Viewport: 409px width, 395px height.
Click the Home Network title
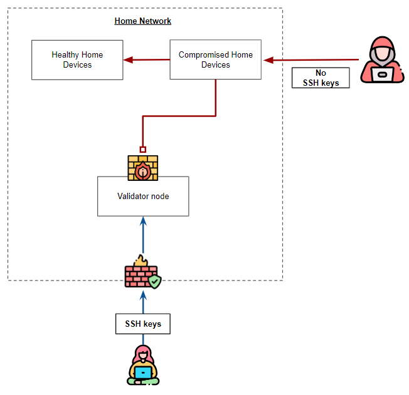pos(142,21)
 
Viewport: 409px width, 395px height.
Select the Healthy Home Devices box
pos(77,60)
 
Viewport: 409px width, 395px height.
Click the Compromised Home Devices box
pos(215,60)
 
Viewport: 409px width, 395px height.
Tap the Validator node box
pos(143,196)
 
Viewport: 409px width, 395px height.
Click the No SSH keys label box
pos(321,78)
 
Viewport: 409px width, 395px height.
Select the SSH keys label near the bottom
pos(143,324)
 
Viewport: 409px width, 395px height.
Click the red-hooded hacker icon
pos(382,60)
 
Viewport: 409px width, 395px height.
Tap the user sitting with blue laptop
pos(144,364)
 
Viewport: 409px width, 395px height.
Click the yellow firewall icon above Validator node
pos(143,168)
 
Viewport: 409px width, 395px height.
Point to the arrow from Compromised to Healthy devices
pos(146,60)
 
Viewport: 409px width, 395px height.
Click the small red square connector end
pos(143,149)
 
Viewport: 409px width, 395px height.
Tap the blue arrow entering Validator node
pos(143,235)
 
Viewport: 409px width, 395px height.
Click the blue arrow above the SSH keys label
pos(143,302)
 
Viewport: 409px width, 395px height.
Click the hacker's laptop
pos(382,74)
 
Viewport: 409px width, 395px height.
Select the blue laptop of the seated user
pos(144,373)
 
